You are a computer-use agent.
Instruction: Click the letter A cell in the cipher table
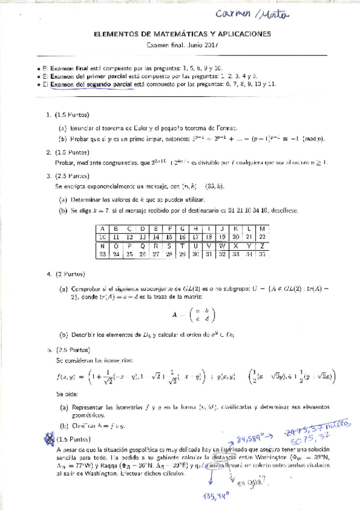pos(103,229)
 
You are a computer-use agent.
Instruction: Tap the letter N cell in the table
pos(103,246)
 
